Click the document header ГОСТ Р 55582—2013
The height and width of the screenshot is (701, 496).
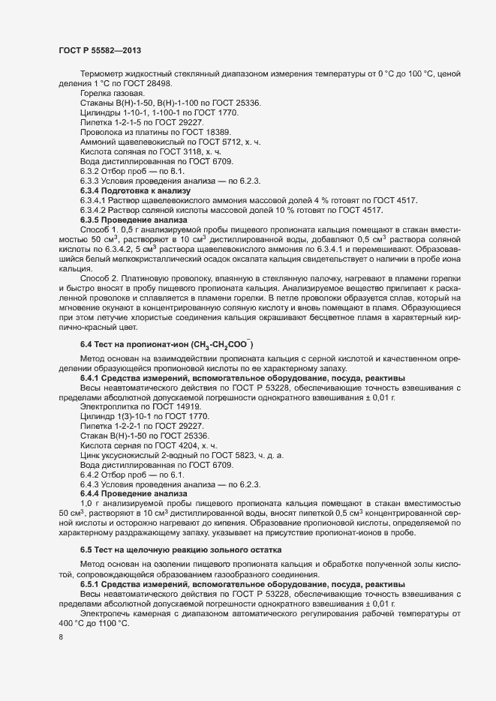98,50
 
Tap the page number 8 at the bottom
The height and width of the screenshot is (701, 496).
61,639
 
